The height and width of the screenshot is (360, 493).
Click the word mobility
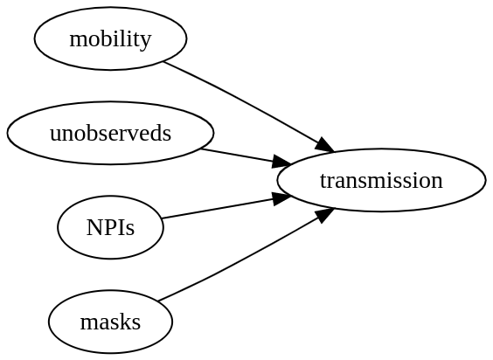pos(110,39)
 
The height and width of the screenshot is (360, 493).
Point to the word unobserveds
pos(110,133)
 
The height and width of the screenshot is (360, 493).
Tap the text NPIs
pos(110,227)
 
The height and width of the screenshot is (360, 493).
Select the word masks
pos(110,322)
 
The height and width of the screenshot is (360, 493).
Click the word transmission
pos(381,181)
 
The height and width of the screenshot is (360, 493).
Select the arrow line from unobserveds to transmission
pos(246,156)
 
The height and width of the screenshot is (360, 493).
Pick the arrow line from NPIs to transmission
pos(226,207)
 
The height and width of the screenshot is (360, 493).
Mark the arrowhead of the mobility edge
pos(324,145)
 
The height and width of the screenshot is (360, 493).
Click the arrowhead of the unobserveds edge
pos(281,161)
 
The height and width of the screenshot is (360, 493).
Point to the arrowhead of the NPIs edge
pos(281,198)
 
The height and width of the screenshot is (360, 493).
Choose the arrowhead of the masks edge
pos(324,215)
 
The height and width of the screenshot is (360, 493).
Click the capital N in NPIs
pos(94,227)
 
